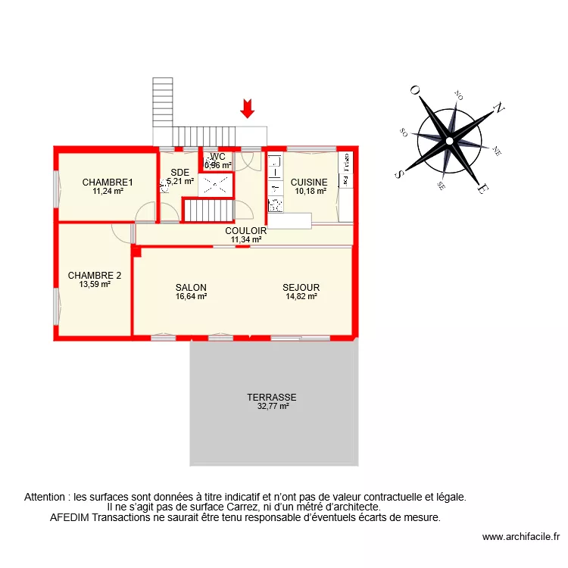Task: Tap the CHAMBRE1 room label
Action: coord(108,182)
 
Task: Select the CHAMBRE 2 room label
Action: coord(95,276)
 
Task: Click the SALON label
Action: coord(191,288)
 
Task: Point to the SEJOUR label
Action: coord(301,288)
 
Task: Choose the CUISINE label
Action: coord(309,182)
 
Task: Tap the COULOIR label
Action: coord(245,231)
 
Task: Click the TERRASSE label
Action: coord(271,397)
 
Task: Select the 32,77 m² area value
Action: coord(272,406)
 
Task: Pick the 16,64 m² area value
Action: coord(191,297)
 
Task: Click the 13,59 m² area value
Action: coord(95,285)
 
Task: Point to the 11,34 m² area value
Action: coord(245,239)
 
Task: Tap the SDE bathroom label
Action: coord(179,172)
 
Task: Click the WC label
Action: coord(218,156)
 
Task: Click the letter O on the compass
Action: coord(415,90)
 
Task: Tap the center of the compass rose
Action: coord(449,140)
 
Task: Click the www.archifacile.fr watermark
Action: coord(520,537)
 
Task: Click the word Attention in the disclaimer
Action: coord(46,498)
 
